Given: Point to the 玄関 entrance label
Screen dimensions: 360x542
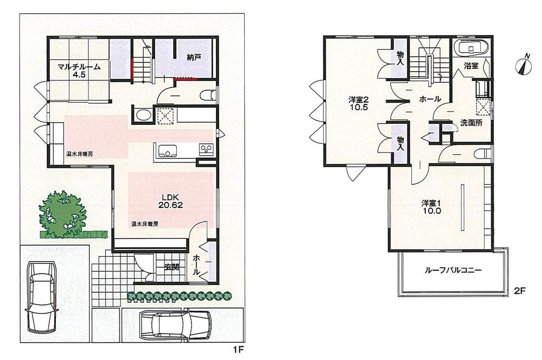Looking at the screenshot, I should click(173, 267).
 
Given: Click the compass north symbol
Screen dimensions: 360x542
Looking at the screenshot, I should click(523, 65).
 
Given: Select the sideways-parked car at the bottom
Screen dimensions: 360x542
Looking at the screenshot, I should click(175, 326).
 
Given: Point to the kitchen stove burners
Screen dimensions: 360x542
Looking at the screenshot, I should click(206, 148).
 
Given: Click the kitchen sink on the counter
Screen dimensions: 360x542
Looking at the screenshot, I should click(165, 150).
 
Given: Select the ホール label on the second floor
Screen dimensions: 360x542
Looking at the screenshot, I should click(429, 99).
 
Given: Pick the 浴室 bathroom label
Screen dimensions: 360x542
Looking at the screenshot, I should click(470, 66).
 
